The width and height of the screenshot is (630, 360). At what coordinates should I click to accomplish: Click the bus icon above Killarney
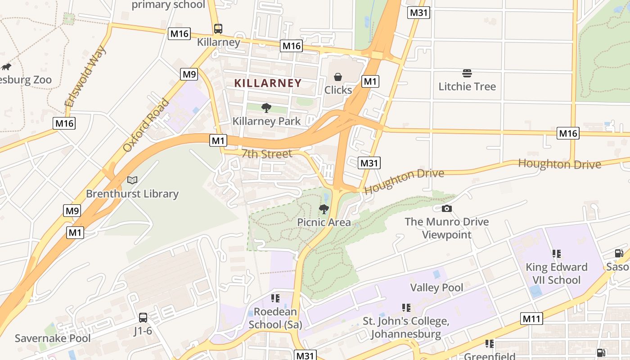click(218, 29)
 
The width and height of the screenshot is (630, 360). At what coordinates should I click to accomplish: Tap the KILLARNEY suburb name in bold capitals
click(268, 83)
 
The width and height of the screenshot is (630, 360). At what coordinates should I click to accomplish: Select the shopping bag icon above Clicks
click(338, 77)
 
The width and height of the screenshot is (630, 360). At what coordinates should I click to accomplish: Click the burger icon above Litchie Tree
click(467, 73)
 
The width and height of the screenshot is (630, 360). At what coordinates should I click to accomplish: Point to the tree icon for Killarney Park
click(266, 108)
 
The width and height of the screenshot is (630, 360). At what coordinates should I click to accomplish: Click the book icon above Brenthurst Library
click(132, 180)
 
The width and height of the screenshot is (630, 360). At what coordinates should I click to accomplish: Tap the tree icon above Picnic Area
click(324, 209)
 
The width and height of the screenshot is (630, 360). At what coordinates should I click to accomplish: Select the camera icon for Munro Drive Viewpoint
click(446, 208)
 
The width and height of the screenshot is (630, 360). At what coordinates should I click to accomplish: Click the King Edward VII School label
click(557, 273)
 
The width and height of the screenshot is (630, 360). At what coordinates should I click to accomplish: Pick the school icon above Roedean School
click(275, 298)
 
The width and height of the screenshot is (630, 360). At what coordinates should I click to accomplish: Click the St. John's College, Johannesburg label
click(406, 328)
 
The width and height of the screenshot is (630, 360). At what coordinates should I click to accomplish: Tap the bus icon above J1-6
click(143, 317)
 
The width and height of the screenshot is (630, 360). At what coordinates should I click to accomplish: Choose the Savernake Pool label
click(53, 338)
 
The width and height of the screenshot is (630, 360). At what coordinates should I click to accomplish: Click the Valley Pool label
click(436, 288)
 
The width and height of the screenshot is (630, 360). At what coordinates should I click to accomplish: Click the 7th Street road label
click(267, 154)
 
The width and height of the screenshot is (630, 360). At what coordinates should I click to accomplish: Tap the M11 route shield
click(532, 319)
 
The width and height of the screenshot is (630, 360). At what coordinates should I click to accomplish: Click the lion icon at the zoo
click(6, 67)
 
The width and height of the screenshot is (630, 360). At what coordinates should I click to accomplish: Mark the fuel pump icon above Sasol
click(619, 253)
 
